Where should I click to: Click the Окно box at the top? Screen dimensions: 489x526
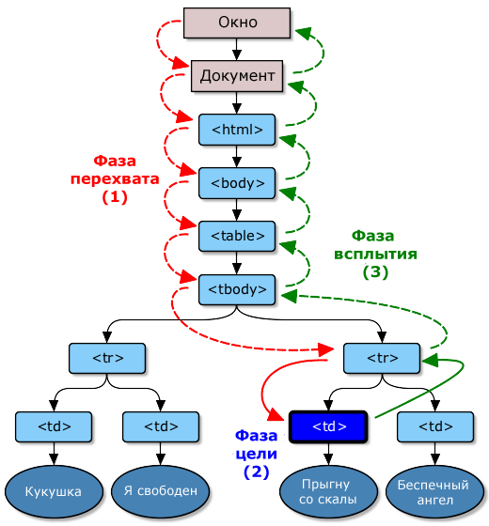tap(237, 23)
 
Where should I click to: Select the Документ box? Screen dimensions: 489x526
tap(237, 76)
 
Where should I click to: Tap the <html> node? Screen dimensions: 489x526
tap(237, 130)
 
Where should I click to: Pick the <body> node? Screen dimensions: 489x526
tap(237, 183)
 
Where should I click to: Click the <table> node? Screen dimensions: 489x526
tap(237, 236)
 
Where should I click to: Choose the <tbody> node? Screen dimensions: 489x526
tap(237, 289)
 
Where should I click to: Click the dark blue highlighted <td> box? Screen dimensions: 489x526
tap(328, 426)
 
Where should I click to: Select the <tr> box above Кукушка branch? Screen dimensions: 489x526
tap(107, 358)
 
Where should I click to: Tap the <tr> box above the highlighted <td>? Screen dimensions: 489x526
tap(382, 358)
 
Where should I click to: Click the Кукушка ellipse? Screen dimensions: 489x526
tap(54, 491)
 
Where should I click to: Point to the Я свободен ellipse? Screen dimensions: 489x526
tap(160, 491)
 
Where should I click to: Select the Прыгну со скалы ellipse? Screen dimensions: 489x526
tap(328, 491)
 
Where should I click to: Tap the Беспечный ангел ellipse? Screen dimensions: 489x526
tap(434, 492)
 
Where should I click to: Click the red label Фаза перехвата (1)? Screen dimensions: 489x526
tap(115, 179)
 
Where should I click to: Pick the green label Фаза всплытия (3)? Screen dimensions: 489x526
tap(375, 254)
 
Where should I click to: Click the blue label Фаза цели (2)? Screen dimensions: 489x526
tap(256, 454)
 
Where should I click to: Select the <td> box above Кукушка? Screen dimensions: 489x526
tap(54, 426)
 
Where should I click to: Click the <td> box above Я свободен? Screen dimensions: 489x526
tap(161, 426)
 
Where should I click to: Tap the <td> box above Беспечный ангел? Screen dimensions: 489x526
tap(435, 426)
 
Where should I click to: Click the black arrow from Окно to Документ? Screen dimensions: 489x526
tap(237, 49)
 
